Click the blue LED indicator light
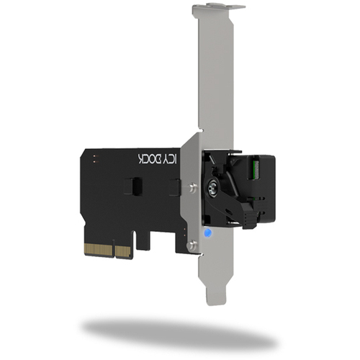(207, 233)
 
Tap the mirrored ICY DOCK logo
(158, 158)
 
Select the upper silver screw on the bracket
(192, 187)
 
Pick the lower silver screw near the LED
(192, 245)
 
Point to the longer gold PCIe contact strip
(98, 250)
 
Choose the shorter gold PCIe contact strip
(123, 252)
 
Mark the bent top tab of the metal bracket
(218, 7)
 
